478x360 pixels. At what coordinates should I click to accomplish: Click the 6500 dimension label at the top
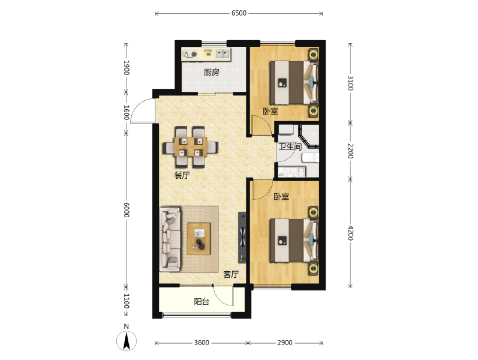tap(239, 13)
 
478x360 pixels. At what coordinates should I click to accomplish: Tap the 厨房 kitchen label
tap(211, 73)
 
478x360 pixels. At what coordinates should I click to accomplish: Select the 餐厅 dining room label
tap(182, 175)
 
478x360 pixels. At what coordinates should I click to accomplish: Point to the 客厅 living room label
tap(231, 274)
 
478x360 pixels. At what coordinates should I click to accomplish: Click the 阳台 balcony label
tap(202, 302)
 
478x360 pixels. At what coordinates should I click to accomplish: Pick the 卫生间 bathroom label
tap(290, 147)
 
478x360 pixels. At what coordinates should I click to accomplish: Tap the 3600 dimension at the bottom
tap(202, 343)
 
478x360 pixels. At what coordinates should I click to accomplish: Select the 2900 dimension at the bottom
tap(285, 343)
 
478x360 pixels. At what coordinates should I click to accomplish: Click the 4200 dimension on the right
tap(350, 233)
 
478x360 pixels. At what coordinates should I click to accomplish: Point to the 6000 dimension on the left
tap(127, 210)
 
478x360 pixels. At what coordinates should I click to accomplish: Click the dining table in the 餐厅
tap(191, 147)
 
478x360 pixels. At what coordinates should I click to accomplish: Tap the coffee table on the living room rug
tap(199, 239)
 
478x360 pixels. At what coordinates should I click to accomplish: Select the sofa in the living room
tap(170, 239)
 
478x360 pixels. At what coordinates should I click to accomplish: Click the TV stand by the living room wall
tap(242, 237)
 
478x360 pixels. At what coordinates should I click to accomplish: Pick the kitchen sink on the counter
tap(223, 55)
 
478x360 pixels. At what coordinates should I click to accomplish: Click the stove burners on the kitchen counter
tap(190, 55)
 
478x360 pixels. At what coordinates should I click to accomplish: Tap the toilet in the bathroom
tap(310, 158)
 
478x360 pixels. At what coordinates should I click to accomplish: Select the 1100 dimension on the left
tap(127, 301)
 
